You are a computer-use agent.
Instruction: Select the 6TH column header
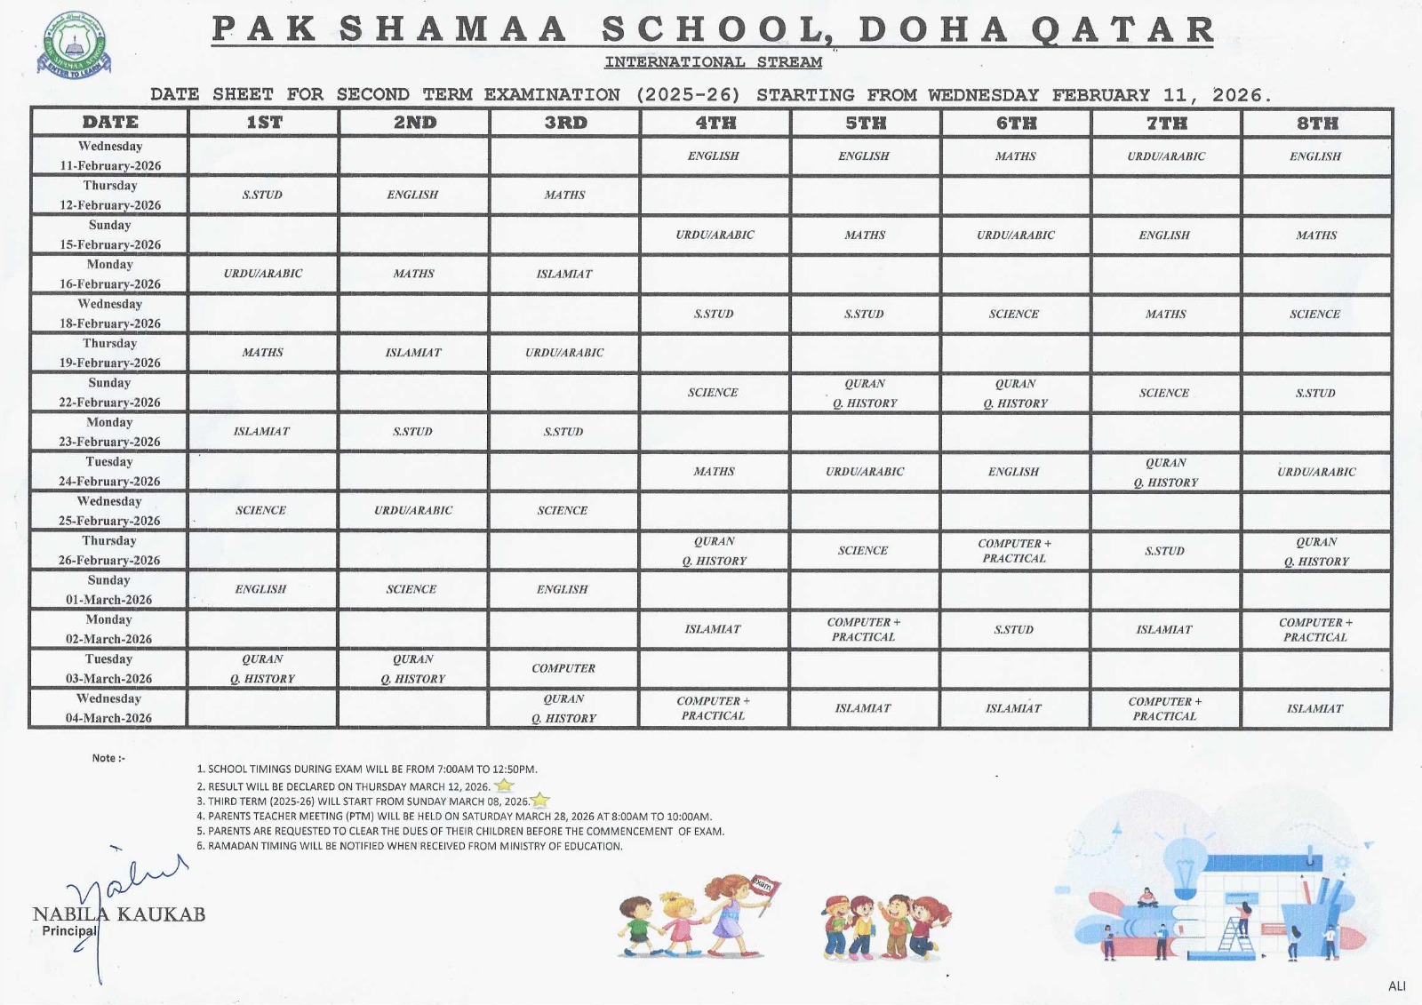click(1016, 123)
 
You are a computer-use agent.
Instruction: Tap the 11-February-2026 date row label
click(110, 156)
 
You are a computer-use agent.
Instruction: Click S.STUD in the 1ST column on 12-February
click(262, 195)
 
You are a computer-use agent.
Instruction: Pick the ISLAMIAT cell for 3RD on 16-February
click(564, 274)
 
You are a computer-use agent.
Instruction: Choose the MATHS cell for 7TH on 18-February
click(1165, 314)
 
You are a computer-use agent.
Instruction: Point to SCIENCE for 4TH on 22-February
click(713, 392)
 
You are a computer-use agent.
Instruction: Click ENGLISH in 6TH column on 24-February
click(1013, 472)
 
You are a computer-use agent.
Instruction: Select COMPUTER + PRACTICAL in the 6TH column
click(1014, 551)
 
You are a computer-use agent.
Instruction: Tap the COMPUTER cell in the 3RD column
click(563, 668)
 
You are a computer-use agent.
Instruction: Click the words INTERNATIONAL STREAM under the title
click(713, 62)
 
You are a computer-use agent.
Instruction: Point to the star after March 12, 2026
click(504, 786)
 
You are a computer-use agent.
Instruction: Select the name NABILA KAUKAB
click(119, 914)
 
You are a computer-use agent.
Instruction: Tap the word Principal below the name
click(69, 931)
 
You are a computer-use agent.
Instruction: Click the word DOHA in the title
click(933, 30)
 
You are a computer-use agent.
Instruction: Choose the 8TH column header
click(1316, 123)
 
